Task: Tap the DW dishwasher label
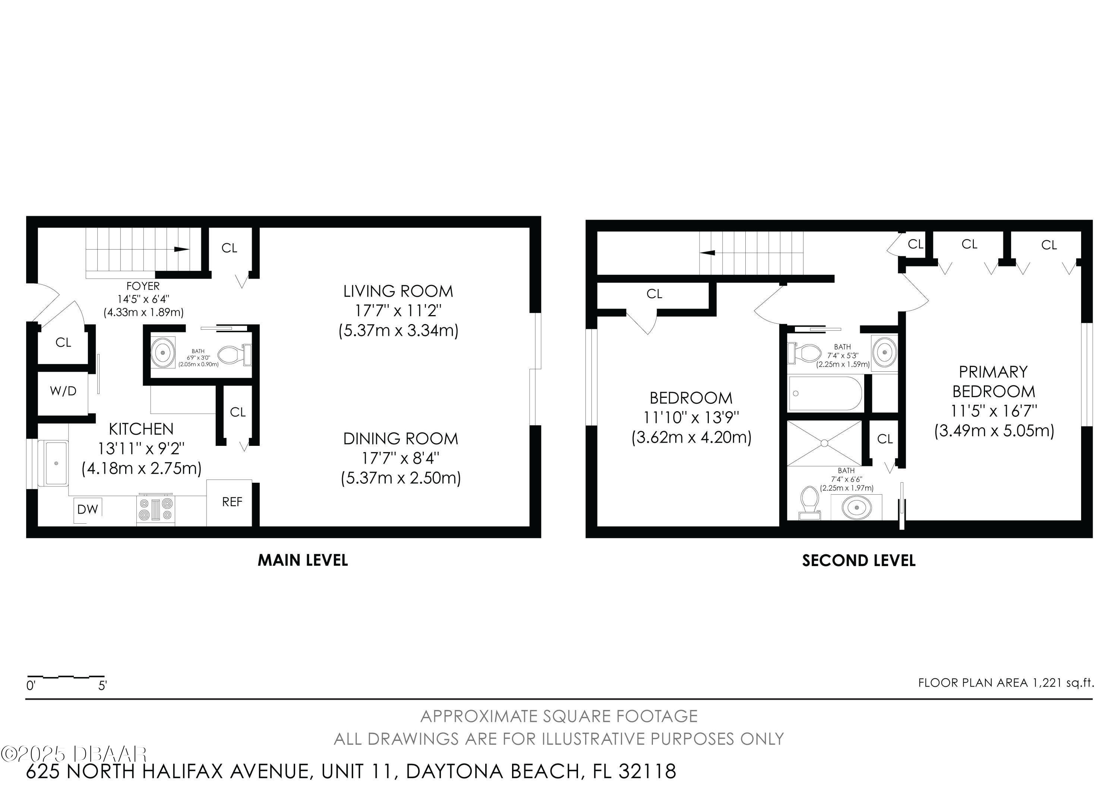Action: point(88,509)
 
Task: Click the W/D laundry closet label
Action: point(63,391)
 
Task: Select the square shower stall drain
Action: point(824,443)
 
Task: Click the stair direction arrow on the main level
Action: point(181,250)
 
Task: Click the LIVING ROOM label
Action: point(398,291)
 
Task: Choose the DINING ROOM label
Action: point(401,438)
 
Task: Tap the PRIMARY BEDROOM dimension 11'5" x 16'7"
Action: point(994,411)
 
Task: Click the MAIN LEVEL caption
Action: point(303,560)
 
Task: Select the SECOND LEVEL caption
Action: point(859,560)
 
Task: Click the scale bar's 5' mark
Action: point(102,686)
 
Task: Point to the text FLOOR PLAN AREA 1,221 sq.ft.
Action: point(1006,683)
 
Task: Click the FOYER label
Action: point(143,286)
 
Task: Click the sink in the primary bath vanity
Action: point(856,508)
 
